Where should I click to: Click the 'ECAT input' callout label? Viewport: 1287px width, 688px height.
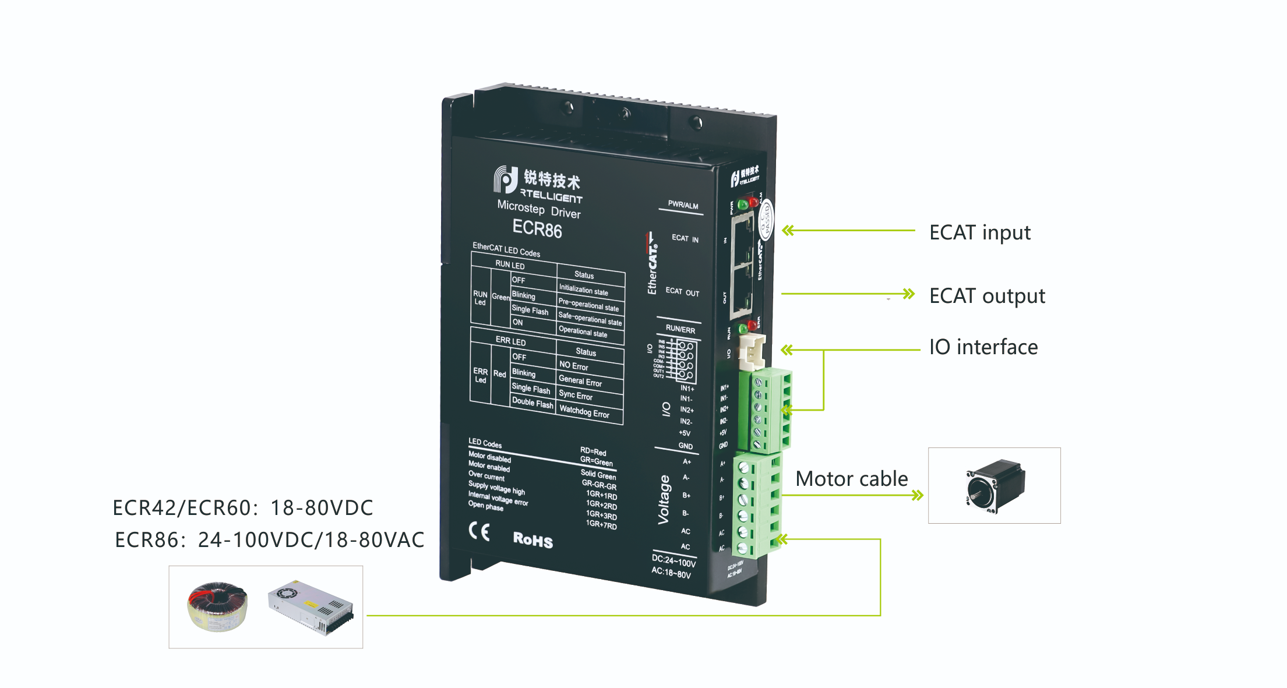979,233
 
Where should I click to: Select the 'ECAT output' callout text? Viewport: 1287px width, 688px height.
987,297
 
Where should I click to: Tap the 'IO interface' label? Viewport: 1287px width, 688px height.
983,347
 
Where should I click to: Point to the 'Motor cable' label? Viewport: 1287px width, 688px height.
851,479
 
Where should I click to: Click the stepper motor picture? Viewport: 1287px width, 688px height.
995,486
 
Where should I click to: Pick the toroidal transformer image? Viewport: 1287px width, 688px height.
217,606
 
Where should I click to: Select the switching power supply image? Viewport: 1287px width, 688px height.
311,606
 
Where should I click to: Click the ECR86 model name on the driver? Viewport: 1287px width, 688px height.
537,229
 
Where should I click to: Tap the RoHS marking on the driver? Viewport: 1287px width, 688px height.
533,540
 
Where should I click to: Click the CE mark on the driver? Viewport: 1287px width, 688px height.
479,531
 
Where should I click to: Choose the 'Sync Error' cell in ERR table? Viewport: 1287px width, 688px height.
575,396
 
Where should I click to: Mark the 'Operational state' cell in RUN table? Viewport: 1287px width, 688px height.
583,331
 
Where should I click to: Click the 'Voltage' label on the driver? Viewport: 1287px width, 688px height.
664,499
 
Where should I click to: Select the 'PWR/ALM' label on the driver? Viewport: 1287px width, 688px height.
683,205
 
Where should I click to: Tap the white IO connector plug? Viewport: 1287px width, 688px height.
751,352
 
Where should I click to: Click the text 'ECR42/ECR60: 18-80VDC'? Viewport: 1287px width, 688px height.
242,508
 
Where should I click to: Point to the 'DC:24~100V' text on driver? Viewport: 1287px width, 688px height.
674,561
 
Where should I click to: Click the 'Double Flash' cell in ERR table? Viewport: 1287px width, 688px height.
532,403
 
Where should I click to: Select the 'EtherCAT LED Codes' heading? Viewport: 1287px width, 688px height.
506,250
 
